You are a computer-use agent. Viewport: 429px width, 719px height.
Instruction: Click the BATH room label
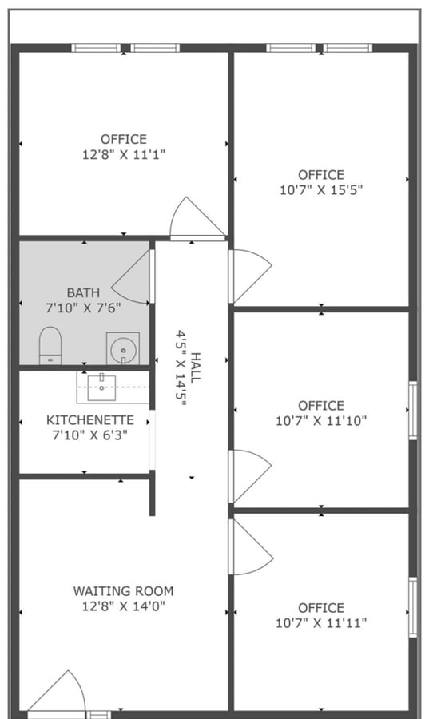(x=84, y=292)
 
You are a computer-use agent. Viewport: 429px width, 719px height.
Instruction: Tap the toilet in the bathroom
(x=50, y=344)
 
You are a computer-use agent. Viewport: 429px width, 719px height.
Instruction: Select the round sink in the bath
(x=123, y=348)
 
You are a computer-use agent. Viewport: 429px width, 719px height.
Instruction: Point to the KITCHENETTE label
(x=84, y=420)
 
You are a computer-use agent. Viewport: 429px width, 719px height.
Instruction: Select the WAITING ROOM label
(x=123, y=591)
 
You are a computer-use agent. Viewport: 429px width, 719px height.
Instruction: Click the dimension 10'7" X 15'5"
(x=321, y=190)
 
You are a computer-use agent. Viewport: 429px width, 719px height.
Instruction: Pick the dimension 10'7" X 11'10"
(x=321, y=421)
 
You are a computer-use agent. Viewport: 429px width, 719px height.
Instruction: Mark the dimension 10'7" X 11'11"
(x=321, y=623)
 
